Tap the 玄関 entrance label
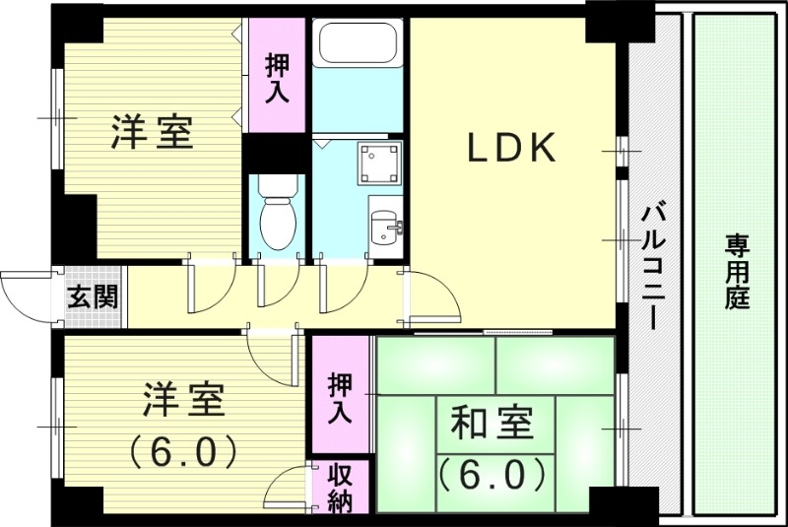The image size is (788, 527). point(92,296)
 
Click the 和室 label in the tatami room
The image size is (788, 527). point(492,426)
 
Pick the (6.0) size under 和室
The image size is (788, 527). point(492,475)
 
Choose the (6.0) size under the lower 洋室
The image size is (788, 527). point(182,451)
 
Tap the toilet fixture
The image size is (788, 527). point(275,212)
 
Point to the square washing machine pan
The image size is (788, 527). point(379,163)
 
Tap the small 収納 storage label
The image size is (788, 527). point(340,490)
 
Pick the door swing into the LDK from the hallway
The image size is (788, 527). point(433,296)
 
